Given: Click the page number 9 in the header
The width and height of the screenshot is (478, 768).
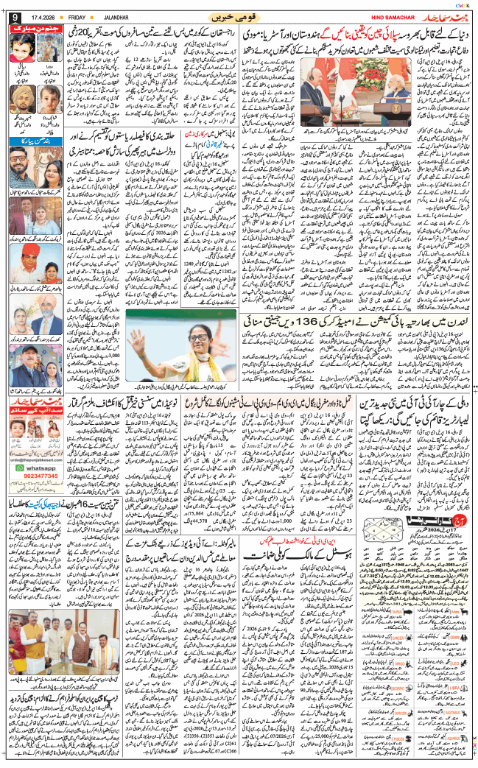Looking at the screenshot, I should (15, 15).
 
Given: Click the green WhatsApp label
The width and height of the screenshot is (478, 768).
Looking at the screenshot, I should (42, 487).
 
